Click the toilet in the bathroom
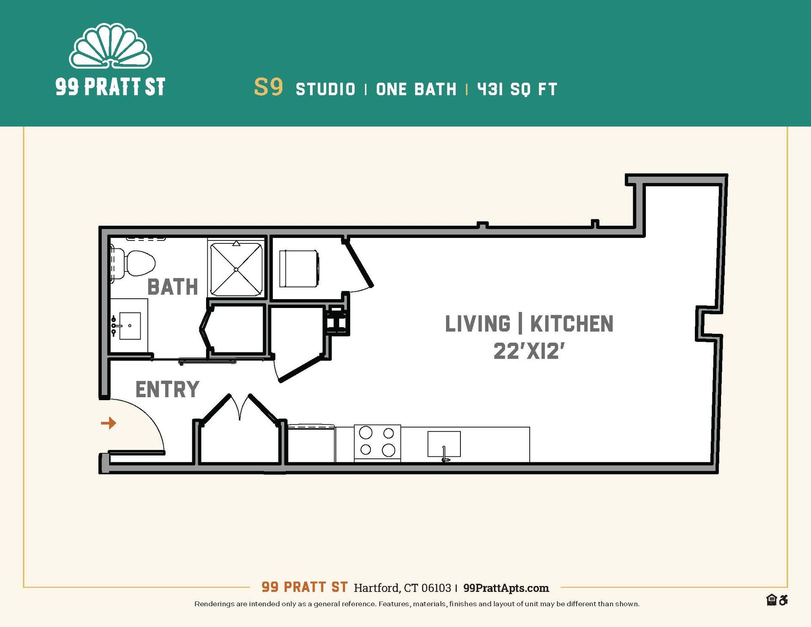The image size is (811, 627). (137, 263)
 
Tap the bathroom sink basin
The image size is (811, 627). (130, 326)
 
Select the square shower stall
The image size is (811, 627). (236, 269)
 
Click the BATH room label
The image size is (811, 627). (172, 287)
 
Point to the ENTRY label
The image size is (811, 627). (167, 390)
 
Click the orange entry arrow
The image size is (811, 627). (109, 423)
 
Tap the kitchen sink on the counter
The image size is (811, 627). (444, 444)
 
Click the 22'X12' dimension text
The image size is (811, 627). (529, 351)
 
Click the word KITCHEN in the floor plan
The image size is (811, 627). (571, 324)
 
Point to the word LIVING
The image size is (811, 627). (478, 324)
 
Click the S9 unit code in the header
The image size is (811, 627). (268, 87)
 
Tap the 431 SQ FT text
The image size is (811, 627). (517, 89)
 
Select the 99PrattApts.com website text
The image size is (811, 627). (506, 588)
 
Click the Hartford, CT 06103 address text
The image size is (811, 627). (402, 588)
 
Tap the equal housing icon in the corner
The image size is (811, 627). (771, 600)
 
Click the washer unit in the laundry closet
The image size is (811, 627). (298, 268)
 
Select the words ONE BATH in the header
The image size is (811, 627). (416, 89)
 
